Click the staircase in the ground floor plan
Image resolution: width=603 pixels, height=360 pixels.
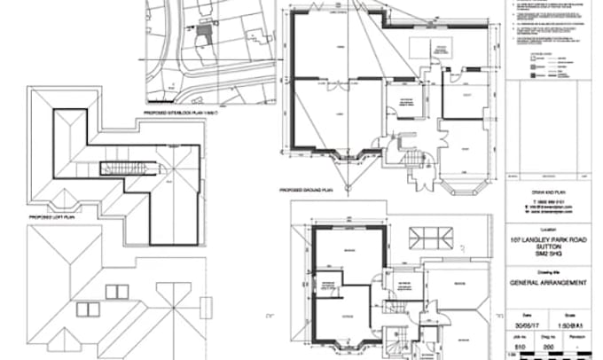[x=414, y=160]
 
